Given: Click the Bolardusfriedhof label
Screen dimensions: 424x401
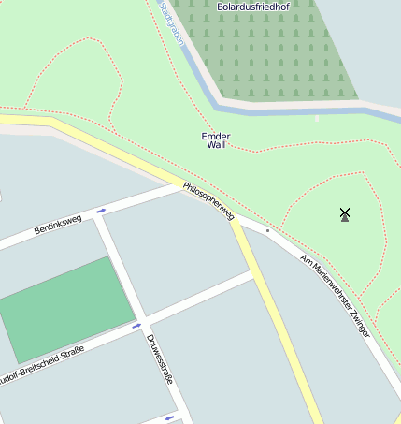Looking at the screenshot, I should tap(252, 7).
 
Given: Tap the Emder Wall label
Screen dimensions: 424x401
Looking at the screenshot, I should tap(216, 140).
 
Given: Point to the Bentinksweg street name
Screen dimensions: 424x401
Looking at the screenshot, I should tap(58, 225).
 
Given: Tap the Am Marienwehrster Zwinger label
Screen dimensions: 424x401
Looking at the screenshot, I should tap(335, 295).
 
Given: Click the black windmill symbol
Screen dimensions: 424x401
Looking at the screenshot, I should tap(345, 214).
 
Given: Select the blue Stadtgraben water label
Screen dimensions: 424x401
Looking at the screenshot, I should tap(172, 22).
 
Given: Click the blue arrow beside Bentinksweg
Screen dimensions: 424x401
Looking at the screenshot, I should tap(101, 211).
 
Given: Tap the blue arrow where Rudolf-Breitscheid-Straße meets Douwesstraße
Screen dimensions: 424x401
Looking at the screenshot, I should tap(136, 326).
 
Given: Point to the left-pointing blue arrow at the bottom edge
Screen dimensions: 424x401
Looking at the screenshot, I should tap(169, 417).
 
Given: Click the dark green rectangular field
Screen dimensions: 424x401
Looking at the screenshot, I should tap(65, 309).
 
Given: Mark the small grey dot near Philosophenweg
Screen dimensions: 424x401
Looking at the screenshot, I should tap(267, 229).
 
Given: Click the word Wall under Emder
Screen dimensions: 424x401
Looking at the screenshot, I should tap(217, 146).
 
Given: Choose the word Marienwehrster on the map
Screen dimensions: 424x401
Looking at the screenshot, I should tap(327, 287).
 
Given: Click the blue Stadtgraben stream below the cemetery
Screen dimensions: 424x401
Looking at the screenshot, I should tap(280, 109).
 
